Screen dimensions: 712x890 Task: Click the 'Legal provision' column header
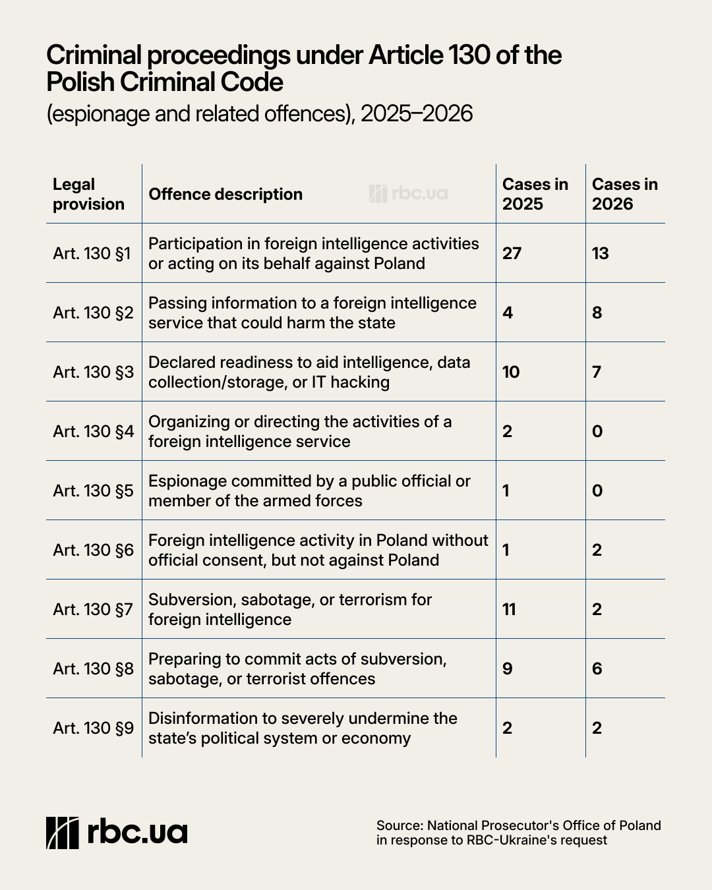tap(88, 194)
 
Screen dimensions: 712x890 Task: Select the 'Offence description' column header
tap(225, 194)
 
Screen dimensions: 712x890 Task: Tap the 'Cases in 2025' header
tap(535, 194)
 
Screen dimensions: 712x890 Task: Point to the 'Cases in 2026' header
tap(625, 194)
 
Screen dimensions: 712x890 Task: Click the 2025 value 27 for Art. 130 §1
tap(512, 253)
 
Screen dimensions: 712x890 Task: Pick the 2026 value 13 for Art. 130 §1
tap(601, 253)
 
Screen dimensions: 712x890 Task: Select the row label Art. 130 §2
tap(94, 312)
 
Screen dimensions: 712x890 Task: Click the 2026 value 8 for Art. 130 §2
tap(597, 312)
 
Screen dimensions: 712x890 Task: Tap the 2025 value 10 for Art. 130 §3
tap(511, 372)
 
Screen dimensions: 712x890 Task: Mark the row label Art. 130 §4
tap(94, 431)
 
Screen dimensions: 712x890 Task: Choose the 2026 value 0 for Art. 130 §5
tap(597, 490)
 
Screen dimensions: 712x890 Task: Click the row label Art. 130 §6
tap(94, 550)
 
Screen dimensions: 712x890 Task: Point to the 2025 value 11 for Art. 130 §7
tap(509, 609)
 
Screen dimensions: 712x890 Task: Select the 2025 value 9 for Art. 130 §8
tap(508, 668)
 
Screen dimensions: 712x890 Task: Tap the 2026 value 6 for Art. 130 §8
tap(597, 668)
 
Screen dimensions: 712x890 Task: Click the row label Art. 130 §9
tap(94, 728)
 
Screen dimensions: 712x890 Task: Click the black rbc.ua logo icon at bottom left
tap(63, 833)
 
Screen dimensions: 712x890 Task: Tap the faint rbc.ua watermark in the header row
tap(408, 194)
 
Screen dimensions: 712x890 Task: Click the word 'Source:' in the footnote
tap(400, 825)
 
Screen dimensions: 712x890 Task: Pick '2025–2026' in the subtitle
tap(417, 113)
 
